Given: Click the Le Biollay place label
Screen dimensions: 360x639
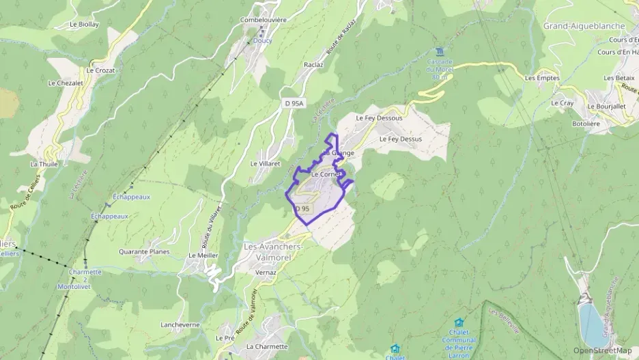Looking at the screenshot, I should [x=85, y=24].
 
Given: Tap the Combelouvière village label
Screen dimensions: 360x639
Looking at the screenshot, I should [x=263, y=20].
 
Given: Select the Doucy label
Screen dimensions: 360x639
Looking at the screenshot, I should [x=262, y=40].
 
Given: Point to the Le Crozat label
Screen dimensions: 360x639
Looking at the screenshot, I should [x=101, y=70].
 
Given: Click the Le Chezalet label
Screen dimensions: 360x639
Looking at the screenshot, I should [x=65, y=83].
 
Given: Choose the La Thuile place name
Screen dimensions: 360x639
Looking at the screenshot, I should [x=44, y=164].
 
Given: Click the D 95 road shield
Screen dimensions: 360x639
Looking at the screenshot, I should [x=302, y=208].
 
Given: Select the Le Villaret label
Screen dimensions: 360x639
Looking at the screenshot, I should [x=266, y=164].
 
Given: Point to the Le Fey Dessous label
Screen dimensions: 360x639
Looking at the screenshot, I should [x=379, y=117].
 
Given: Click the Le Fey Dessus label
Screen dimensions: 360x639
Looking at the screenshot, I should [x=400, y=139].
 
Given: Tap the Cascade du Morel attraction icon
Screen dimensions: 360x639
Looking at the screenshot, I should [x=439, y=52].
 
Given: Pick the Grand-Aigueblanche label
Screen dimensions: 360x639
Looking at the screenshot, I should [x=584, y=26].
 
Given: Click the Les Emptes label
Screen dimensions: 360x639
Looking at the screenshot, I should [x=542, y=78].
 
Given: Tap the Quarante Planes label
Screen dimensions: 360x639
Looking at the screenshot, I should [x=143, y=251].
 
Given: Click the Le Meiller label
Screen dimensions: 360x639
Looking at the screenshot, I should [x=203, y=255].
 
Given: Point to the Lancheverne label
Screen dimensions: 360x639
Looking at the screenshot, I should [x=180, y=324].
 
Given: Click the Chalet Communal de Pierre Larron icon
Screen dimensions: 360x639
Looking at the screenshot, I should [x=459, y=322].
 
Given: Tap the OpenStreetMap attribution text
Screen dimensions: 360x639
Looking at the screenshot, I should [x=602, y=350].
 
